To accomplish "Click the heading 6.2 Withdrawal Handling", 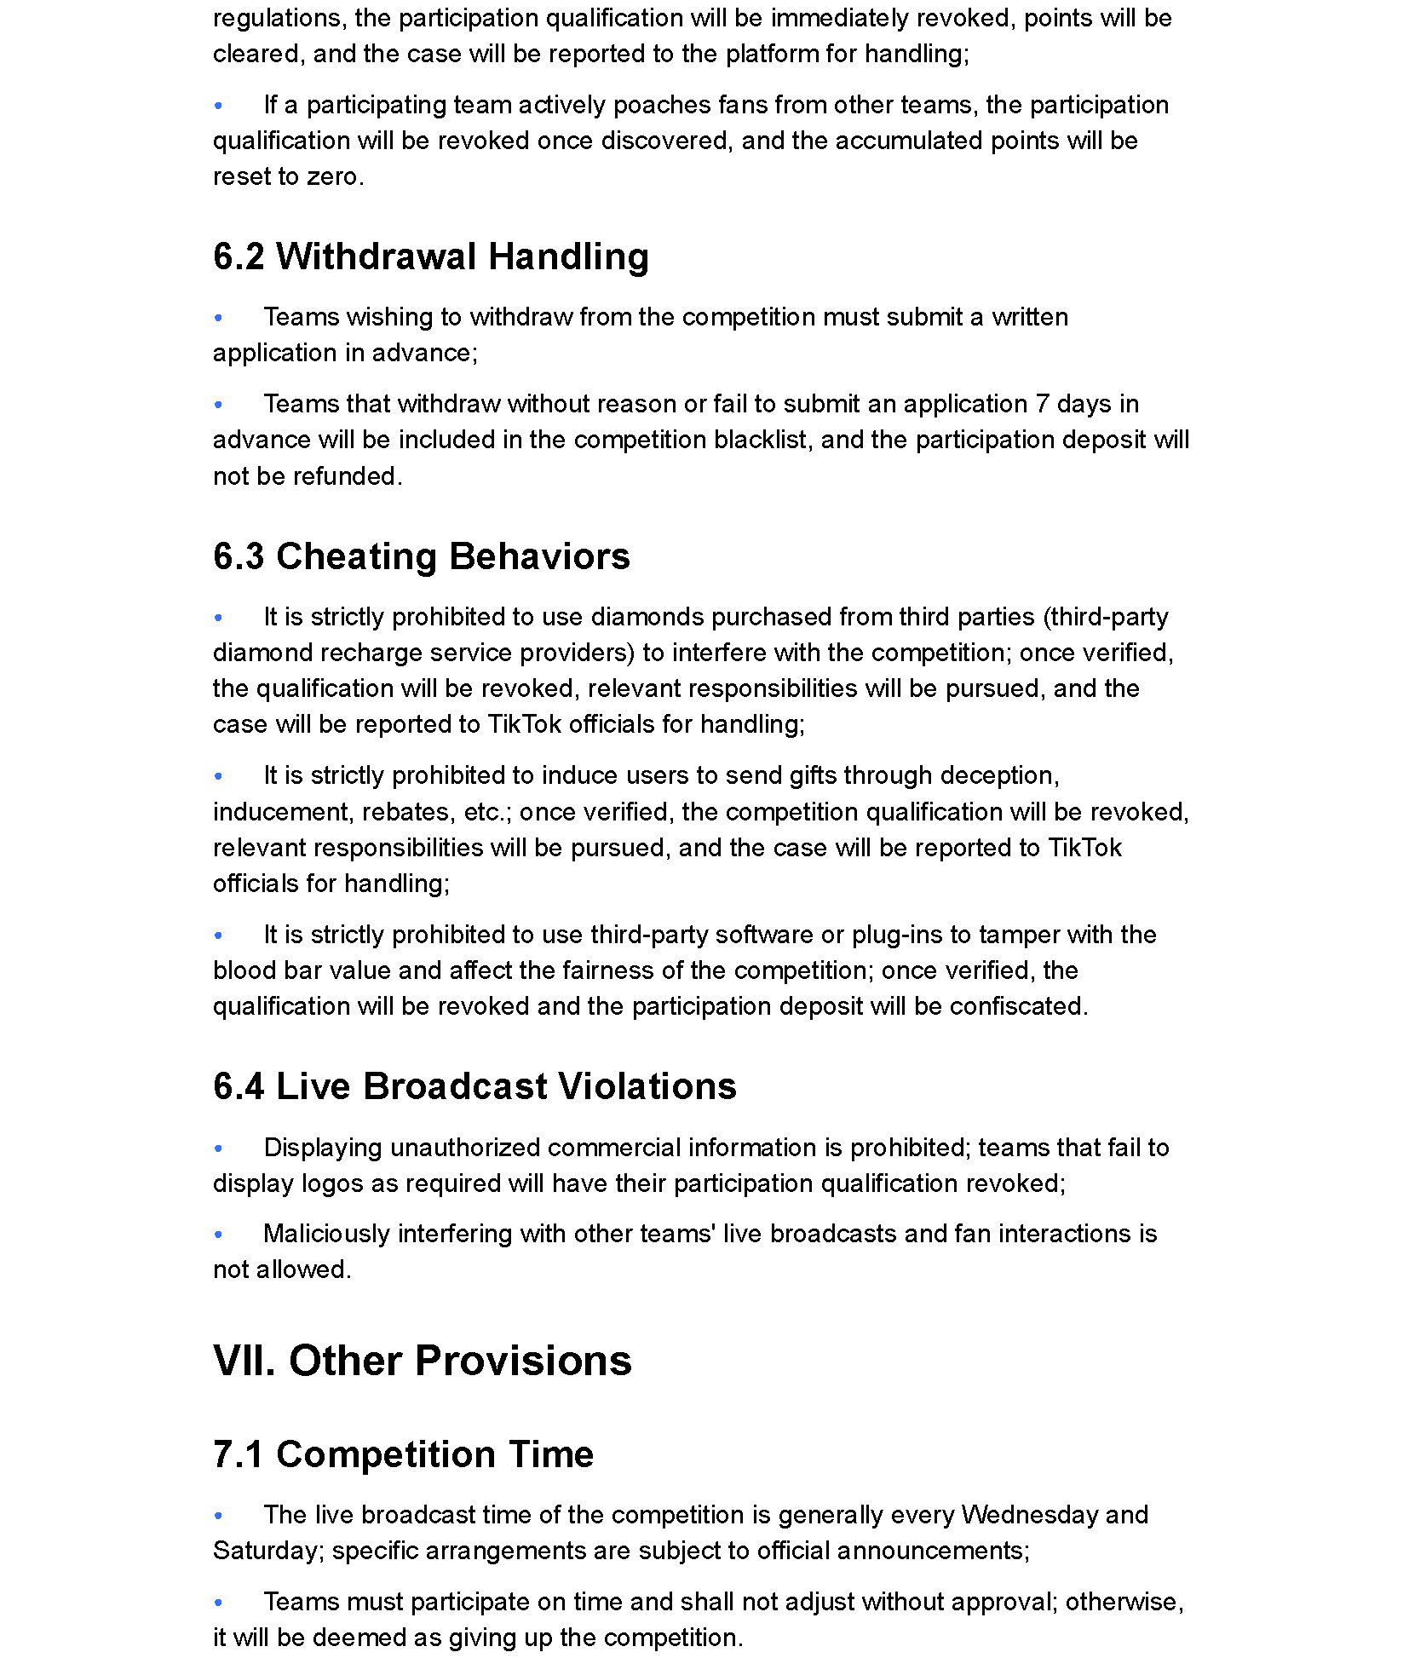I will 430,256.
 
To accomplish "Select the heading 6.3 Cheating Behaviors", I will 421,556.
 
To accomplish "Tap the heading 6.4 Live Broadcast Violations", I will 474,1086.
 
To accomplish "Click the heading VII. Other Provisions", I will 422,1361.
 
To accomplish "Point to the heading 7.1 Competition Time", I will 403,1454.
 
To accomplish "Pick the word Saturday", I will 264,1550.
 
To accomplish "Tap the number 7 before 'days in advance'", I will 1042,403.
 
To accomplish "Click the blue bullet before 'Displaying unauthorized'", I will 219,1148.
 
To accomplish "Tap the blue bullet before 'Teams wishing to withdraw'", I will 219,317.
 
